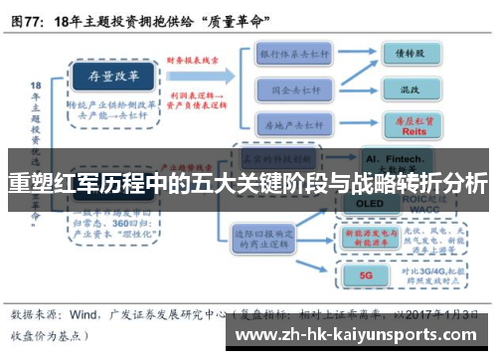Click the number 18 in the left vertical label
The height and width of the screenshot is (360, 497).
[x=35, y=88]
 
